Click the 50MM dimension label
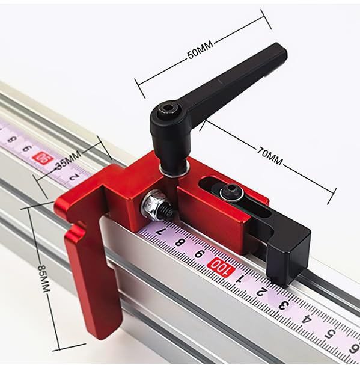click(x=200, y=50)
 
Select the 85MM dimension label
click(x=44, y=278)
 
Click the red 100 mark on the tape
click(x=221, y=267)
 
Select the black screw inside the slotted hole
click(x=231, y=192)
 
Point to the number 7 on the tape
click(x=160, y=232)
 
